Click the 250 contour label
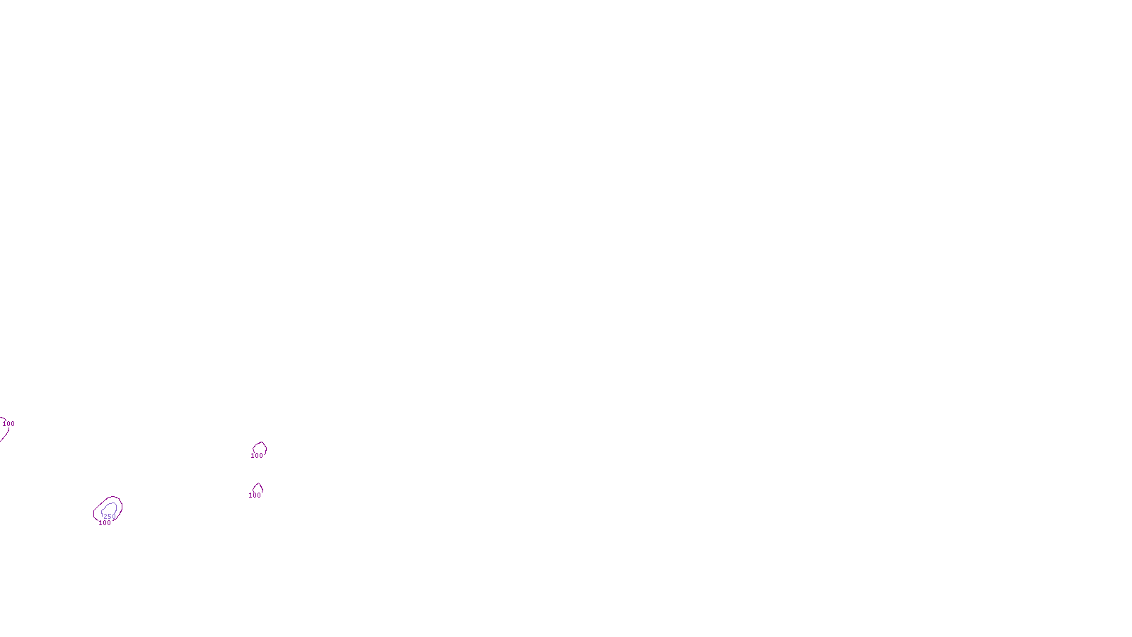pyautogui.click(x=110, y=517)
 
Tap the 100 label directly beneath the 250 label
pyautogui.click(x=105, y=523)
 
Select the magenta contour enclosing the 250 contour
pyautogui.click(x=120, y=505)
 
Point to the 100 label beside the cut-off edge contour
pyautogui.click(x=8, y=424)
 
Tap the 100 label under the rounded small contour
pyautogui.click(x=257, y=456)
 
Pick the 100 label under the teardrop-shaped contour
pyautogui.click(x=255, y=495)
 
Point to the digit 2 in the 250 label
pyautogui.click(x=106, y=517)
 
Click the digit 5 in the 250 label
pyautogui.click(x=110, y=517)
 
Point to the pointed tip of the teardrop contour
pyautogui.click(x=258, y=484)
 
